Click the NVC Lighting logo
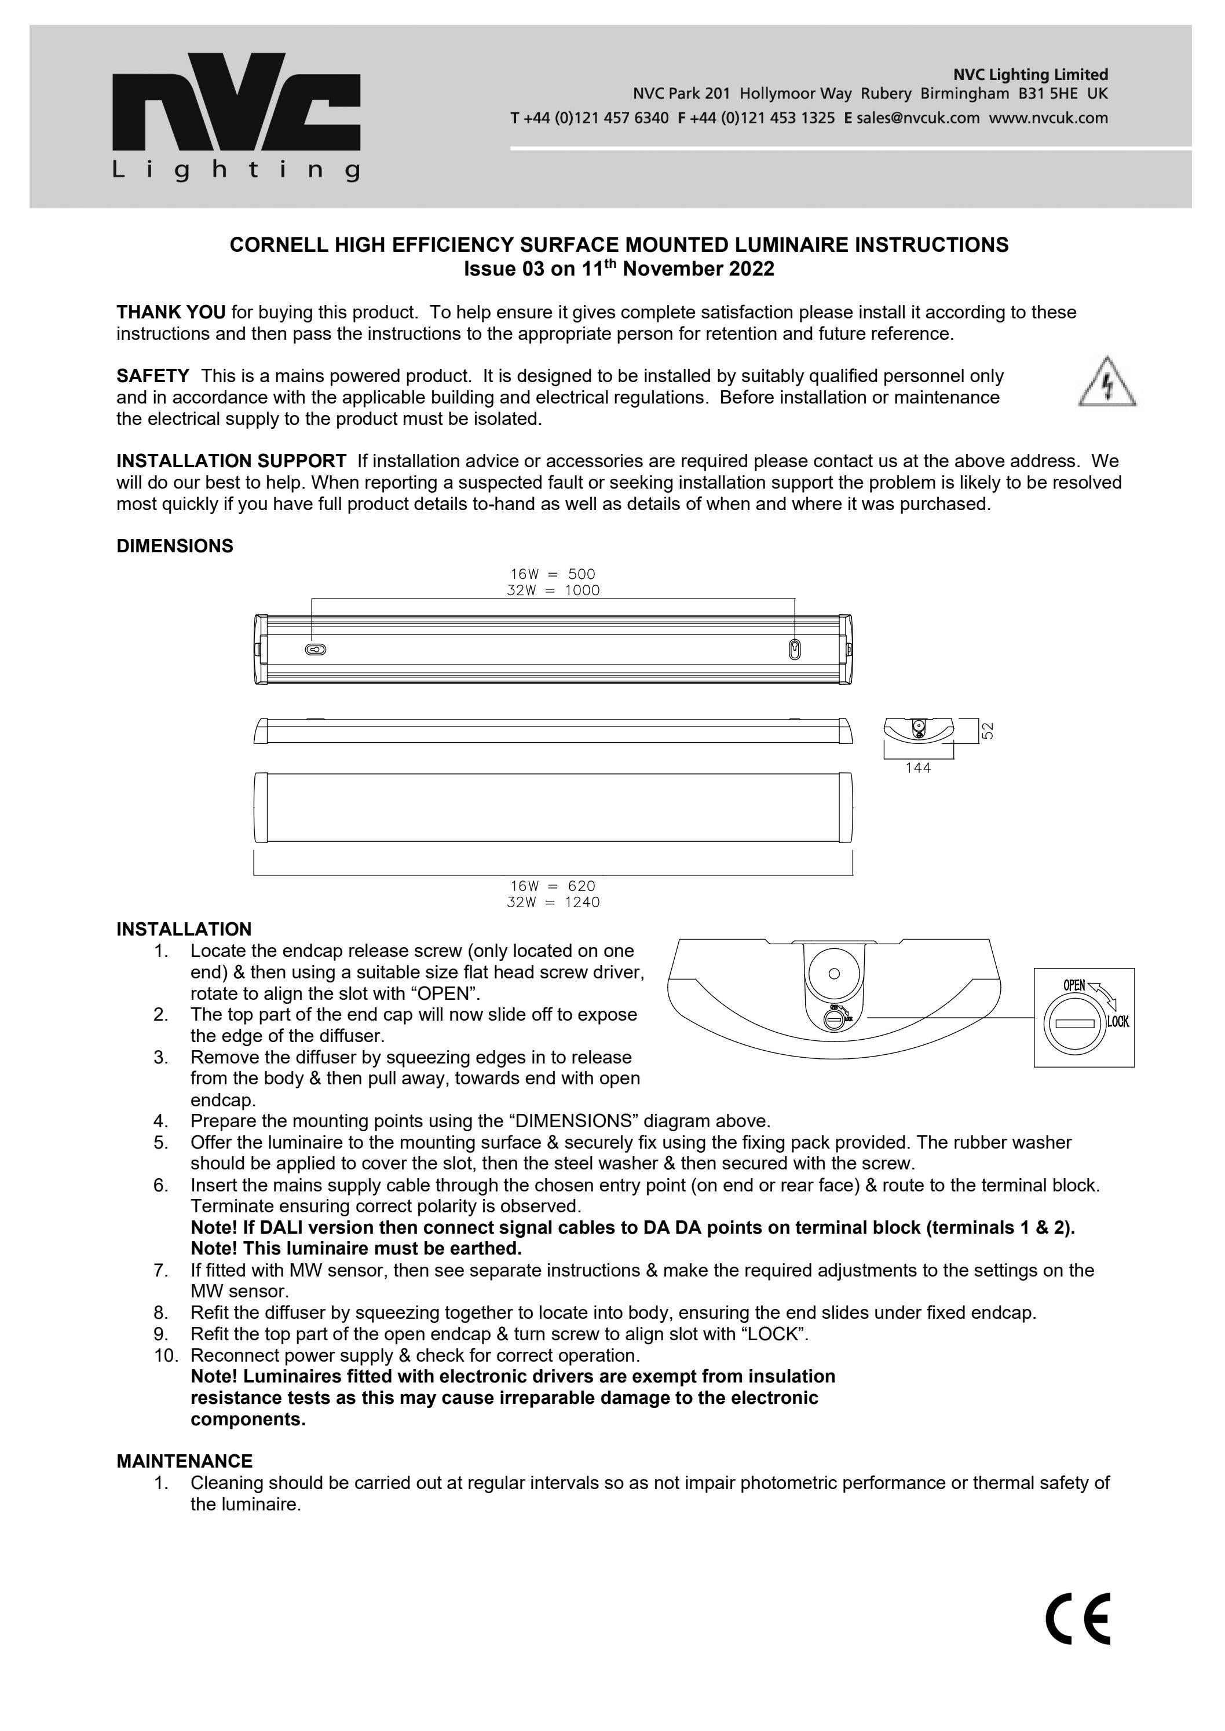[x=236, y=117]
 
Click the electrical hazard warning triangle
[x=1107, y=383]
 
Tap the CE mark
[x=1078, y=1619]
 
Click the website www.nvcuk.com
[x=1048, y=118]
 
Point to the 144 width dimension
[x=918, y=768]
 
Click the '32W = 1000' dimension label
[x=553, y=591]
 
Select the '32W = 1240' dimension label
[x=553, y=903]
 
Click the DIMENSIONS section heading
[x=174, y=546]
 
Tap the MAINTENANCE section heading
[x=184, y=1461]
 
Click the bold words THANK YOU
[x=170, y=312]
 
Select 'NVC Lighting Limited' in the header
[x=1030, y=75]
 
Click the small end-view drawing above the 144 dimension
[x=918, y=729]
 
